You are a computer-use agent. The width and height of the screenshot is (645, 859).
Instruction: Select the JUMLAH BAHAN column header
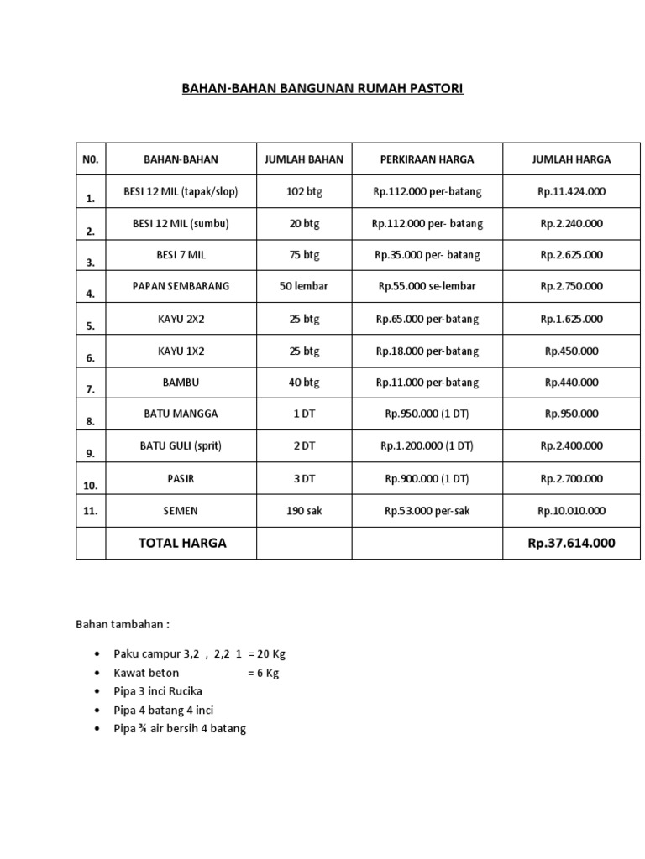303,159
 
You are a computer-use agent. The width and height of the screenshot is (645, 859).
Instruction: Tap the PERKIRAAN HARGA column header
427,159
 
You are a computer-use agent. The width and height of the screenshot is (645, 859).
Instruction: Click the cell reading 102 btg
303,191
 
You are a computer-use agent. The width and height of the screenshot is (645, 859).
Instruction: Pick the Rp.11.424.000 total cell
571,191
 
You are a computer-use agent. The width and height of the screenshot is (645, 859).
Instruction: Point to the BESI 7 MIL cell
181,254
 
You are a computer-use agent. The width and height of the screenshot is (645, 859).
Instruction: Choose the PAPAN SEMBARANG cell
181,286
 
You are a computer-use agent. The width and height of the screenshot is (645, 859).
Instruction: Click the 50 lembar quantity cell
303,286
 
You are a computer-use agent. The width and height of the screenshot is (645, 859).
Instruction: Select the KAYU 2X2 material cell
181,319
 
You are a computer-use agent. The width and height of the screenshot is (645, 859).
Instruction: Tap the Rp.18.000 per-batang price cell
427,351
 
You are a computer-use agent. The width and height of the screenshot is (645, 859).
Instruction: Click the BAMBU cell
181,383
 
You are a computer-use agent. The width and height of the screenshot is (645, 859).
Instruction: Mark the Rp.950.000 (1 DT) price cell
427,414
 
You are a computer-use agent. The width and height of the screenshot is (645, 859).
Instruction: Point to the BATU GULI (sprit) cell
181,445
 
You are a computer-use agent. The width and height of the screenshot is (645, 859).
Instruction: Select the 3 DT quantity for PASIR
303,478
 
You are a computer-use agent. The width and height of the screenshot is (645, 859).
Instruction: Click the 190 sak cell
303,510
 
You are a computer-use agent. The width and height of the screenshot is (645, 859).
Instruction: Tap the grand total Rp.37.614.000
571,543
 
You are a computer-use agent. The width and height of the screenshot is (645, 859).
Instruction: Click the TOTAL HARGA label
182,543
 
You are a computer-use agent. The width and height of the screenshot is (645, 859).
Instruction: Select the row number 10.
91,485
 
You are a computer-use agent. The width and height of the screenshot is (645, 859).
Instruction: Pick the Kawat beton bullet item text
146,673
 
